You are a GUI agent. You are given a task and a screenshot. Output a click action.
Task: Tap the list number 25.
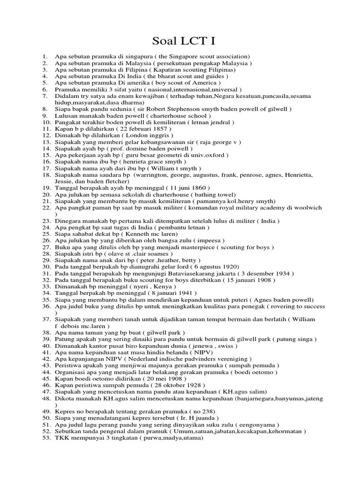point(46,233)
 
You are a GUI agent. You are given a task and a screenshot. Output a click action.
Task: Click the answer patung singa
point(296,339)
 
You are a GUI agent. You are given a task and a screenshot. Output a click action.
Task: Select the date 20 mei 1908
point(159,378)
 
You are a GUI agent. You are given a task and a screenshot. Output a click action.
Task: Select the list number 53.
point(46,437)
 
